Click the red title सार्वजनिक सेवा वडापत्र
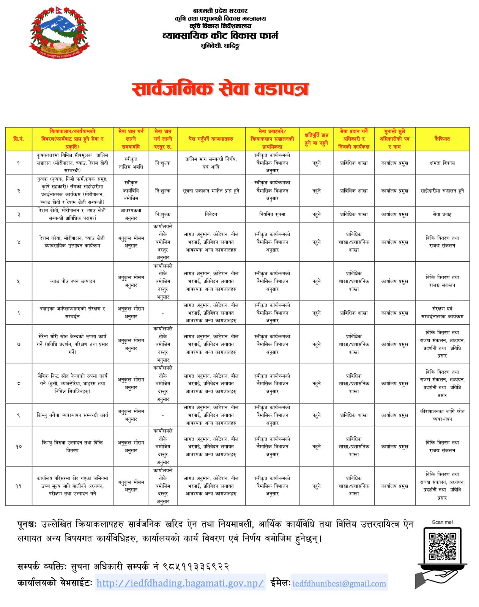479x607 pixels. pos(220,90)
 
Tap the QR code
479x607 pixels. pos(442,546)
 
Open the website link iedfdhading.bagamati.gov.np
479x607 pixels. pos(180,583)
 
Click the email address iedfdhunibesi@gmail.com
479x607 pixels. pos(339,583)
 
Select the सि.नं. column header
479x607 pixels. pos(19,139)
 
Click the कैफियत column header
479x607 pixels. pos(442,139)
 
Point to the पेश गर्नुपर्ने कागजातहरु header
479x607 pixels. pos(211,139)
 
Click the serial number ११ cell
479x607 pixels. pos(19,486)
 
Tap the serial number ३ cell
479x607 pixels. pos(19,214)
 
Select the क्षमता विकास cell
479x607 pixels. pos(442,163)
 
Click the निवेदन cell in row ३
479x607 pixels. pos(211,214)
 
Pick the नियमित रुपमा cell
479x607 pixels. pos(272,214)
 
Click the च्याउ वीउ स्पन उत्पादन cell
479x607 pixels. pos(72,281)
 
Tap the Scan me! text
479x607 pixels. pos(442,522)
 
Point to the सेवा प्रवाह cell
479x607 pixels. pos(442,214)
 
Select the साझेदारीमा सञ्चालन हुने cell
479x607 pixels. pos(442,190)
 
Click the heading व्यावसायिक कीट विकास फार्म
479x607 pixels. pos(220,36)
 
